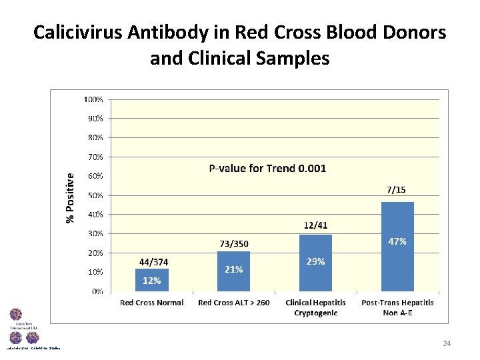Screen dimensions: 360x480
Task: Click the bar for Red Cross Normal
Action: click(152, 280)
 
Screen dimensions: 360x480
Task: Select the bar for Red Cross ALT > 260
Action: click(233, 271)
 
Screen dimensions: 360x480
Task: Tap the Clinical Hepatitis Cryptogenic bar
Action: click(315, 263)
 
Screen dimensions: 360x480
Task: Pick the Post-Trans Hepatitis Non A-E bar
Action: click(397, 247)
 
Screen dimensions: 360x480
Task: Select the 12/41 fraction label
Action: click(316, 226)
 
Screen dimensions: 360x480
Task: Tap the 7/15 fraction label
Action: click(396, 190)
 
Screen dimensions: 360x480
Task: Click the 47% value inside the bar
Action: click(397, 241)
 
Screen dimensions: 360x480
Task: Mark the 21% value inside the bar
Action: click(233, 269)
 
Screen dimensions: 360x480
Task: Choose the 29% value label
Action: click(315, 262)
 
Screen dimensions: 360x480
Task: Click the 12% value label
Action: click(152, 281)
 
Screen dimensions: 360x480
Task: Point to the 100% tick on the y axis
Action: click(93, 99)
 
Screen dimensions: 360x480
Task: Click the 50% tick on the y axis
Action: click(95, 195)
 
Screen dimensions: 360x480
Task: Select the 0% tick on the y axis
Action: click(97, 291)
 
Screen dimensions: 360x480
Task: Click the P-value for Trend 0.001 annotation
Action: click(267, 169)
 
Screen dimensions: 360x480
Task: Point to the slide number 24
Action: click(447, 343)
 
